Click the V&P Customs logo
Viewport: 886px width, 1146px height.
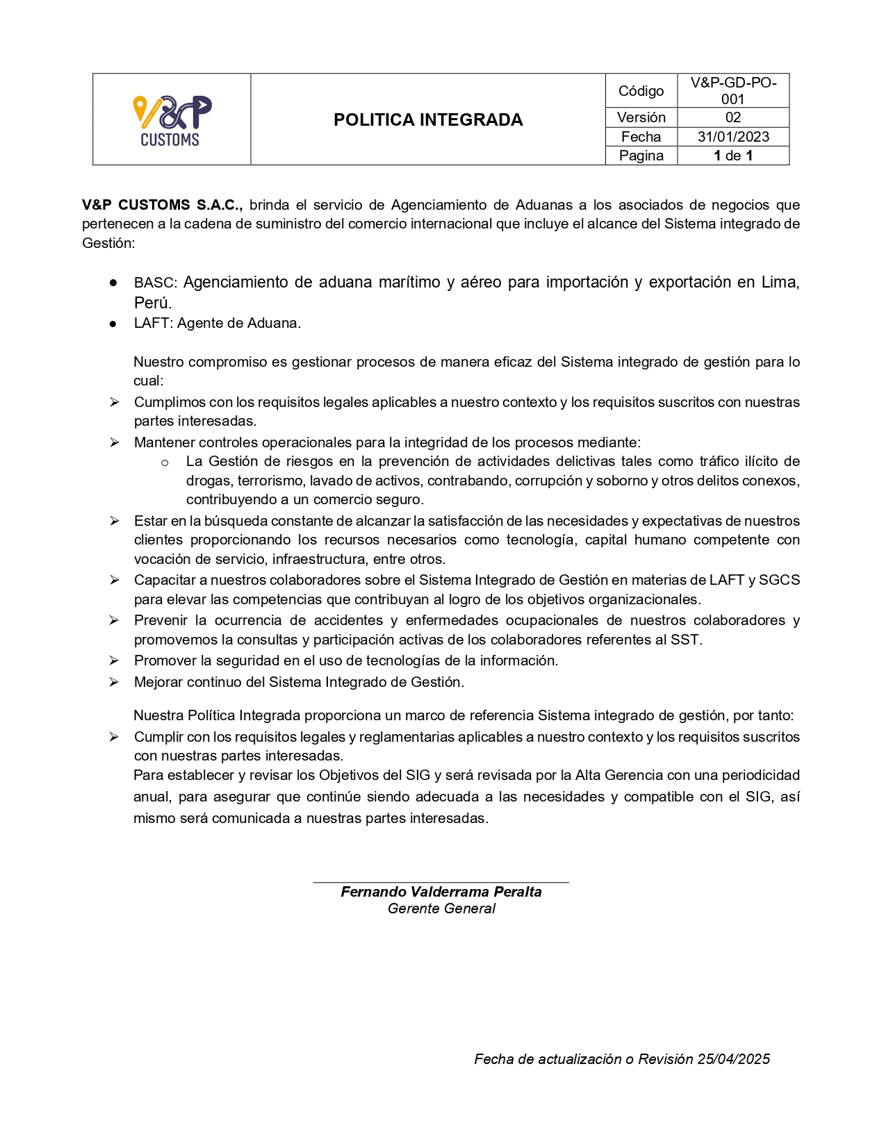pyautogui.click(x=172, y=120)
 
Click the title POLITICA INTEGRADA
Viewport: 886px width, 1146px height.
pyautogui.click(x=428, y=119)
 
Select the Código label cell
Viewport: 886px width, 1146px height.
pyautogui.click(x=641, y=91)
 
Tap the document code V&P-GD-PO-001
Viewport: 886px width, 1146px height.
pyautogui.click(x=733, y=91)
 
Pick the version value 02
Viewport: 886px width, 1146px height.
pyautogui.click(x=733, y=117)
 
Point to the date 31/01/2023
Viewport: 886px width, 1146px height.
pyautogui.click(x=733, y=137)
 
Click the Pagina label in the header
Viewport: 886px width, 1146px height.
pyautogui.click(x=641, y=156)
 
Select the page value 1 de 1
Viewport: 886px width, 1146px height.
pyautogui.click(x=733, y=156)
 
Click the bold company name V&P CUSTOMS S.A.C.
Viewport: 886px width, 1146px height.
pyautogui.click(x=162, y=205)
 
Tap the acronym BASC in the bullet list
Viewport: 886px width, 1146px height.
pyautogui.click(x=154, y=283)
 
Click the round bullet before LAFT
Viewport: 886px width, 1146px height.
pyautogui.click(x=113, y=324)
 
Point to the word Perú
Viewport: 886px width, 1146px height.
pyautogui.click(x=152, y=303)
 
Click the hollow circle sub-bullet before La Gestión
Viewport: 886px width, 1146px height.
pyautogui.click(x=165, y=463)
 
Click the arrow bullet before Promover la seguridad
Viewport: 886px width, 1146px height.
pyautogui.click(x=114, y=661)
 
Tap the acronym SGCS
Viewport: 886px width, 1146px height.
pyautogui.click(x=780, y=580)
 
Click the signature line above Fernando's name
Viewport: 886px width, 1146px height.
pyautogui.click(x=441, y=882)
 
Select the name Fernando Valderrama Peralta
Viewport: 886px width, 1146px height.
pyautogui.click(x=441, y=892)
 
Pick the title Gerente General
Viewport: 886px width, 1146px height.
pyautogui.click(x=441, y=908)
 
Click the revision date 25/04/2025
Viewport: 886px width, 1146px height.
pyautogui.click(x=733, y=1059)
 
